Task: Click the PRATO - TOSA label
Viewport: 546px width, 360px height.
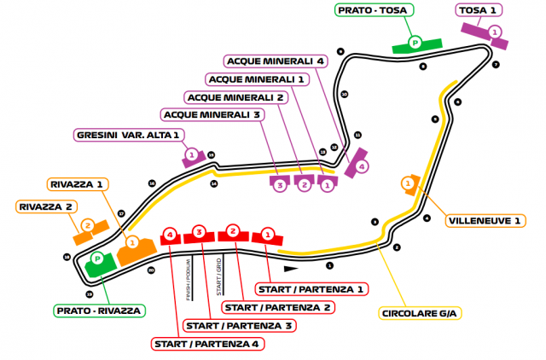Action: tap(373, 11)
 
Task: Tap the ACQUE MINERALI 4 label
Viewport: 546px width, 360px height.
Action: tap(276, 61)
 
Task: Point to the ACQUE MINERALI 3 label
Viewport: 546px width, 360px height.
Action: tap(213, 113)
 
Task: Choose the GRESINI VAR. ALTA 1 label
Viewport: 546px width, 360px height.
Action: tap(128, 134)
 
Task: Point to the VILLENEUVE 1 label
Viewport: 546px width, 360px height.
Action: tap(483, 220)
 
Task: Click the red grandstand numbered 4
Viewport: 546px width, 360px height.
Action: tap(171, 233)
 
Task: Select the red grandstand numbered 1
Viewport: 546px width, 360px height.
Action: tap(268, 233)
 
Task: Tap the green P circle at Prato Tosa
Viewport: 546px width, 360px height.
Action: tap(415, 42)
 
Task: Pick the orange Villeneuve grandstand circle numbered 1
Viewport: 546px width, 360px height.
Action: tap(408, 183)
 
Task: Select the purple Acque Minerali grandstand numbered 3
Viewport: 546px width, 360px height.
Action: tap(278, 185)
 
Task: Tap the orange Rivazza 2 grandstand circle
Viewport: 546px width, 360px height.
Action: tap(86, 225)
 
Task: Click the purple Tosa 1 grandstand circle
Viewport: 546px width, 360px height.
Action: tap(494, 32)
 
